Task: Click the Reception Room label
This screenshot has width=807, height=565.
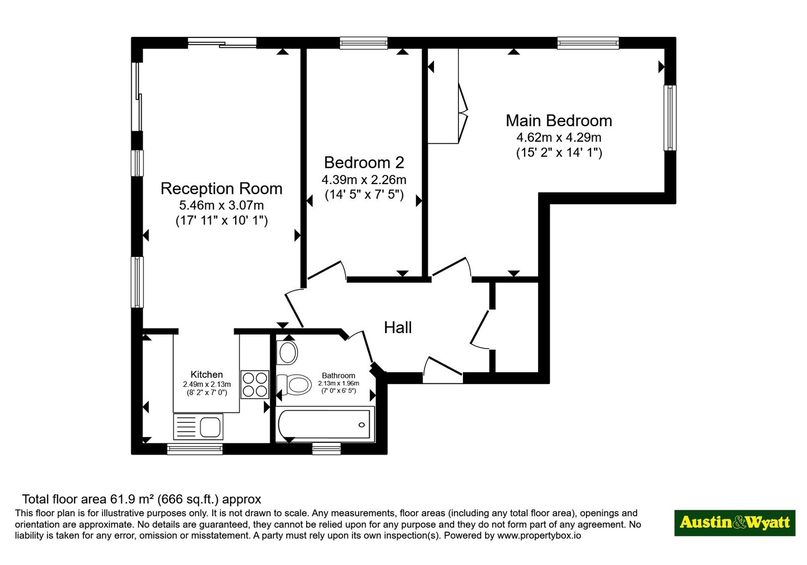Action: click(221, 189)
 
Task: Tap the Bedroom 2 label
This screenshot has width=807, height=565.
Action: click(364, 162)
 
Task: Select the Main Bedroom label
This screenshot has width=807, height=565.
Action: click(559, 121)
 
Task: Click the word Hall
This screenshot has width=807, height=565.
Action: click(398, 327)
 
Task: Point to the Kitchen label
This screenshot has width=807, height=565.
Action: click(207, 374)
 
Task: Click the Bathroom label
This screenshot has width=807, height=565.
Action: click(338, 375)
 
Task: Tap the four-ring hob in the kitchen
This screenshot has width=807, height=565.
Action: click(255, 384)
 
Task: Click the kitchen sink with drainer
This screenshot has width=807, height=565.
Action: click(198, 427)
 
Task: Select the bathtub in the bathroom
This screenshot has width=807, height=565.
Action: click(325, 424)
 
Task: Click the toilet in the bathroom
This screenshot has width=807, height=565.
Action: click(294, 384)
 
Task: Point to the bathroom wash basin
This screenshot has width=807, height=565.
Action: click(287, 353)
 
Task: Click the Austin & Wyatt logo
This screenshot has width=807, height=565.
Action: click(734, 523)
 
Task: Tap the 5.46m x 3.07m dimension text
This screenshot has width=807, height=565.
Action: click(221, 205)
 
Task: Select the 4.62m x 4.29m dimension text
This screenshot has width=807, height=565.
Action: click(559, 138)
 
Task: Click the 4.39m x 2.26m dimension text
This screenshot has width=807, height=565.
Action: click(364, 180)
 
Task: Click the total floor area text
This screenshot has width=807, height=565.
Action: click(142, 499)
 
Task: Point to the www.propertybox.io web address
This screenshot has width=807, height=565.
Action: click(539, 535)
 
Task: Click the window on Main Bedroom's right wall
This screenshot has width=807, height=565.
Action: click(670, 118)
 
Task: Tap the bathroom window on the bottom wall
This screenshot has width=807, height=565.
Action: click(326, 449)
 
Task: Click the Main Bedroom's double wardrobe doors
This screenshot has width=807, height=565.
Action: click(463, 114)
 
